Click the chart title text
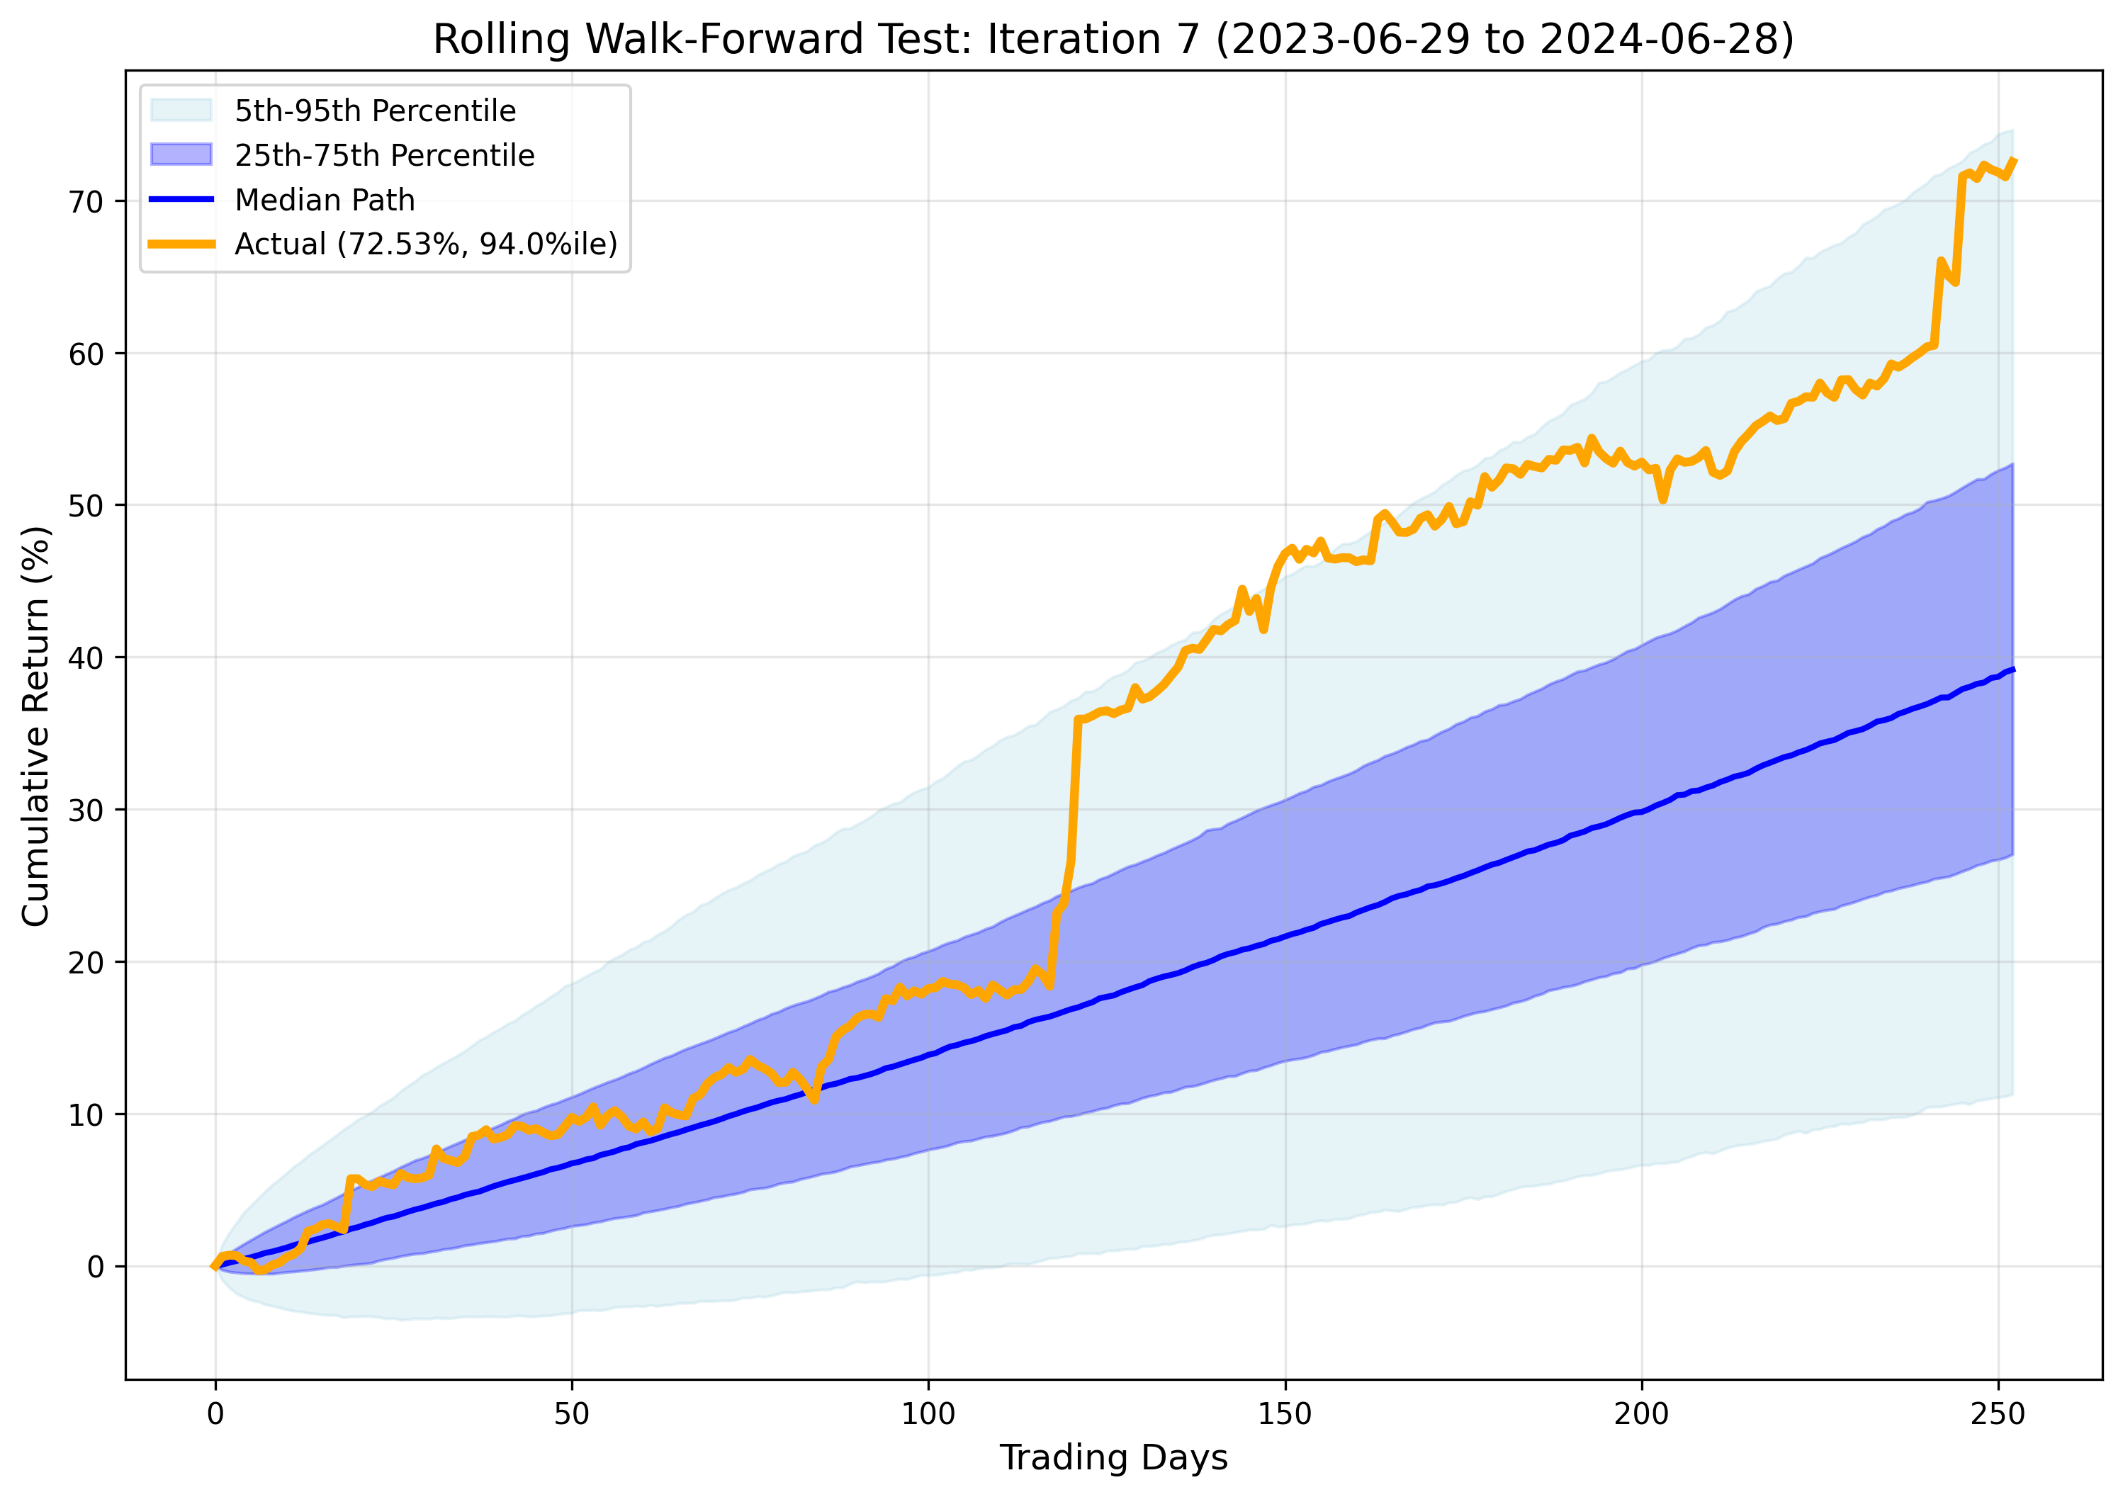pyautogui.click(x=1113, y=40)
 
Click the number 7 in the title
pyautogui.click(x=1186, y=40)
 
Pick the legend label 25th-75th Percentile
pyautogui.click(x=384, y=155)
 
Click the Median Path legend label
pyautogui.click(x=325, y=200)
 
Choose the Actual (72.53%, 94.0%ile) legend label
pyautogui.click(x=425, y=244)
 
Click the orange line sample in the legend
pyautogui.click(x=181, y=244)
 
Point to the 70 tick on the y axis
pyautogui.click(x=85, y=202)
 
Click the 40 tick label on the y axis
pyautogui.click(x=85, y=658)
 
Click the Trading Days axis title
pyautogui.click(x=1113, y=1458)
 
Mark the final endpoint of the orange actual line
pyautogui.click(x=2013, y=161)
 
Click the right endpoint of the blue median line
pyautogui.click(x=2013, y=669)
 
